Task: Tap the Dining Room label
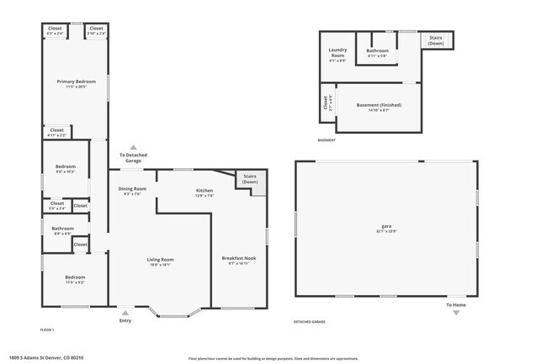point(132,189)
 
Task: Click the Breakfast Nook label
point(238,258)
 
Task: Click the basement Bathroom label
point(377,50)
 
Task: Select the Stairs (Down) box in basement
point(436,40)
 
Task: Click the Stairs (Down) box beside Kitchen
point(250,178)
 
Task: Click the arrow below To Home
point(456,313)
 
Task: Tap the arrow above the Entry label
point(125,312)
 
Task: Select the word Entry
point(125,320)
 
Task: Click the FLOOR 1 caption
point(47,330)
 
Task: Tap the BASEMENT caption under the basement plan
point(327,140)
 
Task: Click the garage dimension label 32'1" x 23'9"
point(386,232)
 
